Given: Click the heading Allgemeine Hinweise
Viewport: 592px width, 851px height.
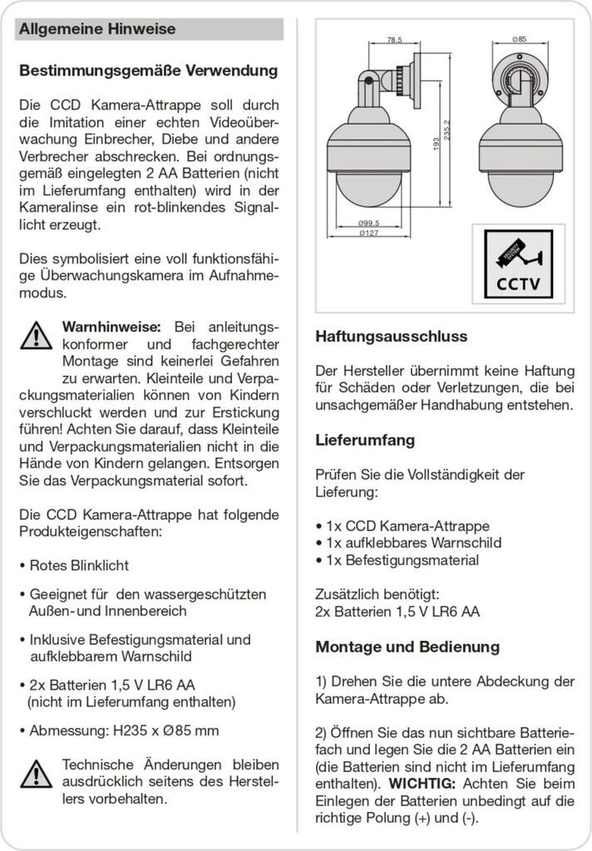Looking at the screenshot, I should pos(97,30).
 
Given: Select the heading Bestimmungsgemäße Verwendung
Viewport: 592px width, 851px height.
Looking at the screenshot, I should pos(148,71).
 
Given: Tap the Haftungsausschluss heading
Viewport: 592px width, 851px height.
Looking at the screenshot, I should pos(391,337).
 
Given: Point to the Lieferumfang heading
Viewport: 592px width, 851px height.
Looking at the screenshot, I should pos(365,440).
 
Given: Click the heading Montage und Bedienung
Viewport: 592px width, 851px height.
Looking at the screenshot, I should pos(407,647).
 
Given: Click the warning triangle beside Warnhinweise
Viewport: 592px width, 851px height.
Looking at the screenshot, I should pos(36,335).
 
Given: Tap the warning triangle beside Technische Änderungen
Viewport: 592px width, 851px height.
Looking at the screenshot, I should pos(36,774).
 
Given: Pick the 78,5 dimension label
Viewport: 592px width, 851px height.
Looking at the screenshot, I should pos(394,40).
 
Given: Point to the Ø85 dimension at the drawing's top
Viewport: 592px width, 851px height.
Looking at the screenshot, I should pos(520,40).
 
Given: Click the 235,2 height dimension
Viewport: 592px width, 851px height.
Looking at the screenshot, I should pos(447,131).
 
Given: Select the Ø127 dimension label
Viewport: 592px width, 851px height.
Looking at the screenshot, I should pos(369,234).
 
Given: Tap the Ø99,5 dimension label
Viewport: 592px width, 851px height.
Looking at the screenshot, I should pos(369,224).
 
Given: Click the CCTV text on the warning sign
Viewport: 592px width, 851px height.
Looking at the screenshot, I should pos(518,284).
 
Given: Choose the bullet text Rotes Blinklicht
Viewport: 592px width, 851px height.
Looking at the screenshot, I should pos(79,565).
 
